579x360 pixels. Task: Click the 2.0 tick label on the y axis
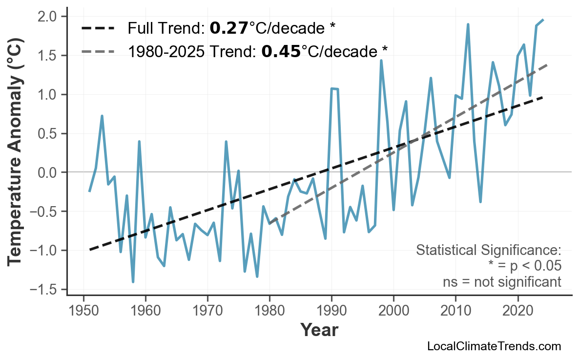pyautogui.click(x=49, y=17)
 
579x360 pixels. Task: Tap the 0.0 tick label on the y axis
pyautogui.click(x=49, y=172)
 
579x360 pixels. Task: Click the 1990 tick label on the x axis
pyautogui.click(x=331, y=311)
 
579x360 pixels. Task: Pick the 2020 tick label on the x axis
pyautogui.click(x=517, y=311)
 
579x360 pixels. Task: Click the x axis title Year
pyautogui.click(x=319, y=331)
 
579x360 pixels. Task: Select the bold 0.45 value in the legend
pyautogui.click(x=281, y=51)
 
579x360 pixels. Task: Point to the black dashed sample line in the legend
pyautogui.click(x=98, y=28)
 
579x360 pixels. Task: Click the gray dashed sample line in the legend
pyautogui.click(x=98, y=51)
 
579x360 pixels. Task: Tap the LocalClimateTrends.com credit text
pyautogui.click(x=494, y=347)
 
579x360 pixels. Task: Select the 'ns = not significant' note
pyautogui.click(x=502, y=282)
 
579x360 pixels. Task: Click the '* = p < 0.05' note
pyautogui.click(x=524, y=266)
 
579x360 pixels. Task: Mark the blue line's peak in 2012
pyautogui.click(x=468, y=24)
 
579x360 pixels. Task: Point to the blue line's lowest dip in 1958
pyautogui.click(x=133, y=282)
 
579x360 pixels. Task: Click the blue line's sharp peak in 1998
pyautogui.click(x=381, y=61)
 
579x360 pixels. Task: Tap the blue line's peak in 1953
pyautogui.click(x=102, y=116)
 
